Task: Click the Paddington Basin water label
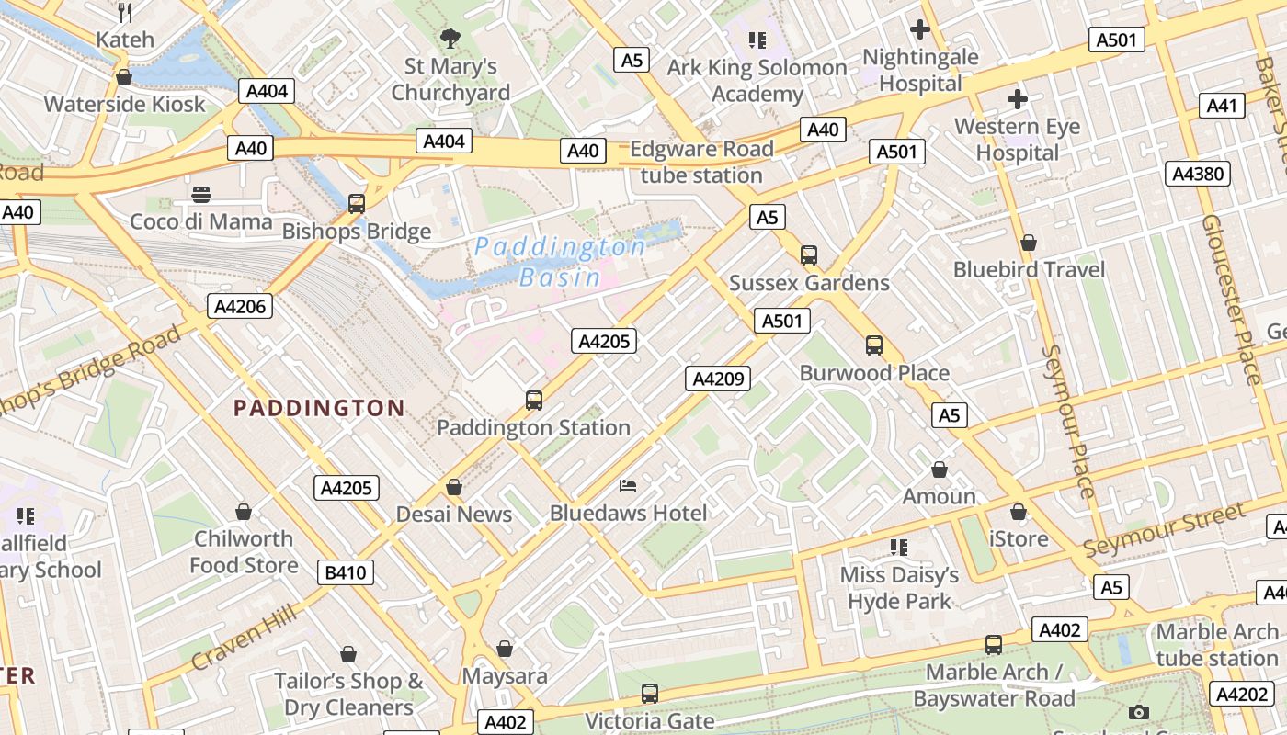[x=560, y=262]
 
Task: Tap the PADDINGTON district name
[x=319, y=408]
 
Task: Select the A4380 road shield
[x=1198, y=174]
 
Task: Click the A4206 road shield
[x=240, y=306]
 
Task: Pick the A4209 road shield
[x=718, y=378]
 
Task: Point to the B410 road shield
[x=346, y=572]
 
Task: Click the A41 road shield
[x=1222, y=106]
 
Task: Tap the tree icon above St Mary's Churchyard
[x=450, y=39]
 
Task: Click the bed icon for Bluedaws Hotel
[x=628, y=485]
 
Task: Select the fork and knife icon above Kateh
[x=126, y=12]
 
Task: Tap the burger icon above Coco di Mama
[x=201, y=194]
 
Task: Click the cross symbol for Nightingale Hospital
[x=919, y=29]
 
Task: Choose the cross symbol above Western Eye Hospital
[x=1017, y=98]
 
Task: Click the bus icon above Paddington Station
[x=534, y=401]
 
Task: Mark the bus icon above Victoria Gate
[x=650, y=694]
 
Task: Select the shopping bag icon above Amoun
[x=939, y=469]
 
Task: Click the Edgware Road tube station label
[x=701, y=162]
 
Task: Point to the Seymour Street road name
[x=1164, y=531]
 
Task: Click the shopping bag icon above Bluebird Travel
[x=1029, y=243]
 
